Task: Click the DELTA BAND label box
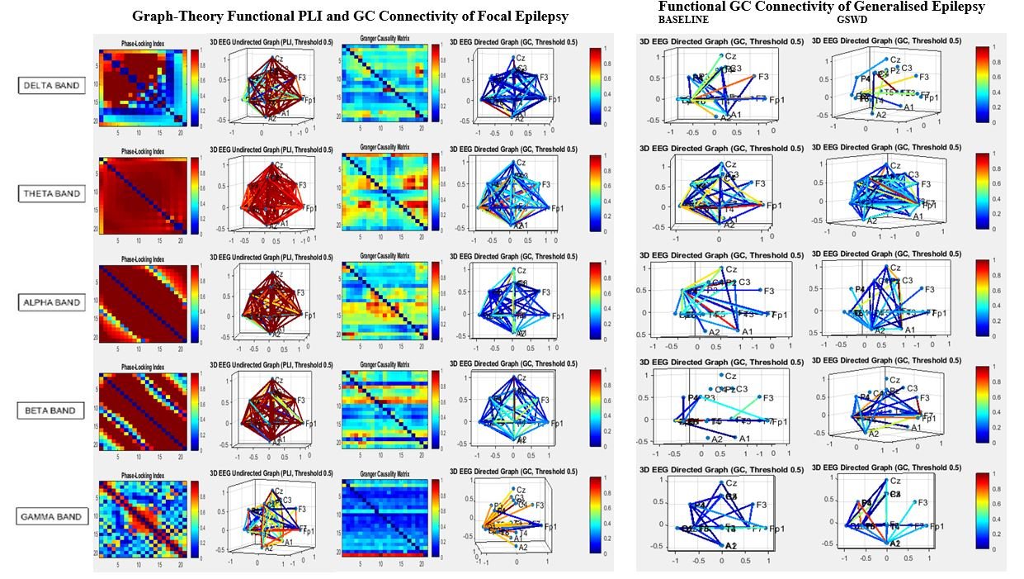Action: [52, 84]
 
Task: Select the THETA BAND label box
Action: [53, 193]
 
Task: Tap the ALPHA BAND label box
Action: [53, 302]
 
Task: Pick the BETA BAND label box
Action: [53, 411]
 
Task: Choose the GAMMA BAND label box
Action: [53, 517]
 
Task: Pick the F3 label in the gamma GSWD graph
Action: [923, 502]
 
